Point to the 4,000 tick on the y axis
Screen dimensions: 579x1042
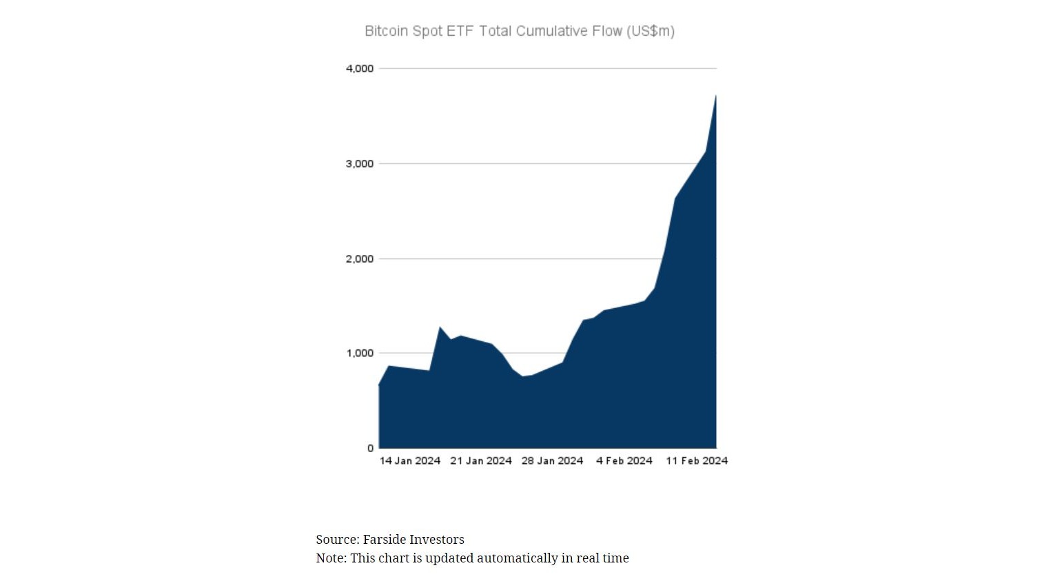tap(360, 68)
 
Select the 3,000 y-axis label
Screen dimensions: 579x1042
tap(360, 163)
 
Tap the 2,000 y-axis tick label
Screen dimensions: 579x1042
tap(360, 258)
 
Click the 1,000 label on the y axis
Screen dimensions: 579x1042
tap(360, 353)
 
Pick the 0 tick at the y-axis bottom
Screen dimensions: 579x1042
tap(370, 448)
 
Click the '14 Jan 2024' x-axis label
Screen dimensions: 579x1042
tap(410, 460)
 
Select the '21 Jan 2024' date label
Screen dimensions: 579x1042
tap(481, 460)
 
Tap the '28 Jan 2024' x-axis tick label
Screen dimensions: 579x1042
tap(552, 460)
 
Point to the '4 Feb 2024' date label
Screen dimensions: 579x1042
tap(624, 460)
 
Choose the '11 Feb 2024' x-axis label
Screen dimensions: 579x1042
tap(697, 460)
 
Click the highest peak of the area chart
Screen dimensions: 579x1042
tap(715, 96)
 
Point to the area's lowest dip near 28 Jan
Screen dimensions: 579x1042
tap(523, 377)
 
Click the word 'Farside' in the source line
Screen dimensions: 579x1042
tap(384, 540)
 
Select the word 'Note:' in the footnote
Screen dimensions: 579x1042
tap(331, 558)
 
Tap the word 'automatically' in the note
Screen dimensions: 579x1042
tap(518, 558)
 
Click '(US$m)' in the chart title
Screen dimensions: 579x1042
tap(651, 31)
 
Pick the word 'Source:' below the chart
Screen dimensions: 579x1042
tap(338, 540)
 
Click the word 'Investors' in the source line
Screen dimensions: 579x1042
tap(437, 540)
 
